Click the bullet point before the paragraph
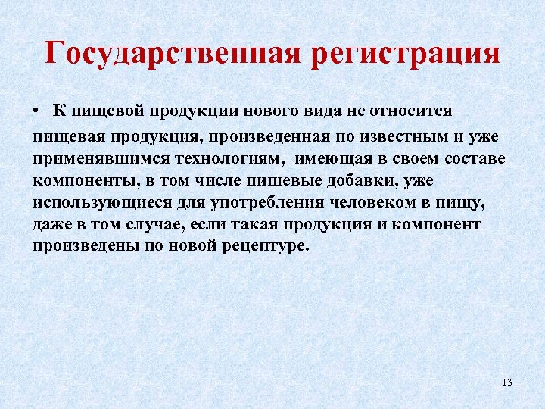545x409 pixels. tap(36, 111)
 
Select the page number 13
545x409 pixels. tap(506, 382)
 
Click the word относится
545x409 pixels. tap(413, 111)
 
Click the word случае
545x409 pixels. tap(175, 226)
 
